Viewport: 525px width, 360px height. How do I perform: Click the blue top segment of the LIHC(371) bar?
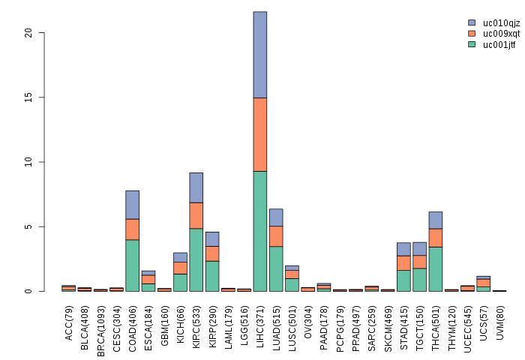point(259,55)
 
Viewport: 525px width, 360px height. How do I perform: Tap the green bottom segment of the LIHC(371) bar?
point(259,231)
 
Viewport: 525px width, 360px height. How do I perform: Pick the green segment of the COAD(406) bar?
point(132,265)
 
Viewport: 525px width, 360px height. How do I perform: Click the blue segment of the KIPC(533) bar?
point(196,187)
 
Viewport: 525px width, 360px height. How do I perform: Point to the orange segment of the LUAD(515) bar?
point(276,236)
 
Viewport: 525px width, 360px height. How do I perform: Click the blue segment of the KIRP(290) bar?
point(212,239)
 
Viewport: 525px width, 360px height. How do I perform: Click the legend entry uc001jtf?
point(499,44)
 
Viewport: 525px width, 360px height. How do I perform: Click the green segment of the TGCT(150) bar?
point(420,280)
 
